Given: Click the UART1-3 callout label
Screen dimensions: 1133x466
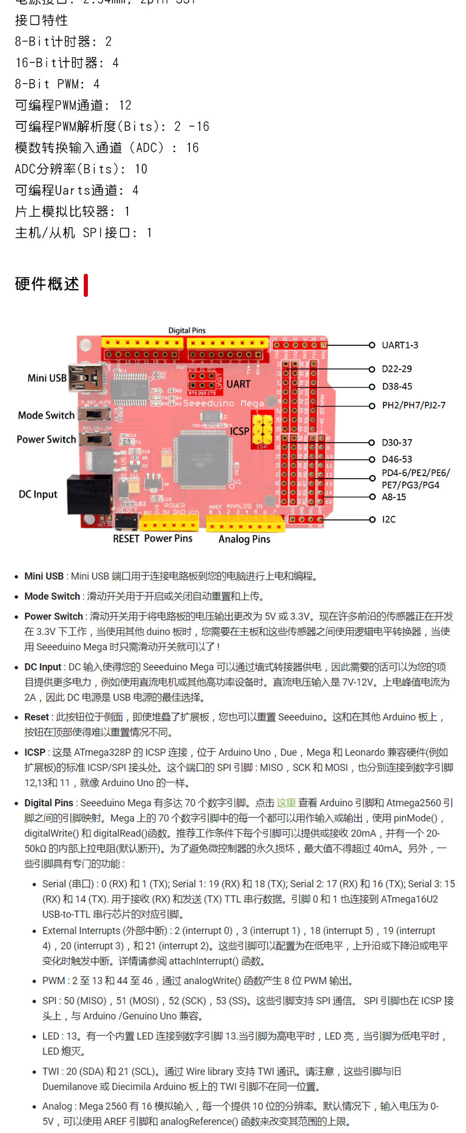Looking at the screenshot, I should (x=399, y=345).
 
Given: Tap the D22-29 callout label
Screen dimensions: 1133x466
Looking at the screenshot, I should (x=396, y=369).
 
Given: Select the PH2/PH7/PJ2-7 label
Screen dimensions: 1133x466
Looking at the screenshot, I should (x=414, y=405).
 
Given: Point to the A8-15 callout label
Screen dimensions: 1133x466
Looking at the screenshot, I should (x=393, y=497).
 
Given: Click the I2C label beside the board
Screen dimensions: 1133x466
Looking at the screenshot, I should (x=389, y=519).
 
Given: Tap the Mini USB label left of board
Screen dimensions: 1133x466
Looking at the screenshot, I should (x=47, y=378).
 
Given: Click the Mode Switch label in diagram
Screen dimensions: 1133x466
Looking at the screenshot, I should (x=46, y=415).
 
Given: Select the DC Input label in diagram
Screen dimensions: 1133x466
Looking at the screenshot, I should (x=38, y=495).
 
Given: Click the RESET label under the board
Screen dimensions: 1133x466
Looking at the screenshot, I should (x=126, y=539).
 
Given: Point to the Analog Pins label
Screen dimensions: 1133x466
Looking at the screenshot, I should (x=244, y=539).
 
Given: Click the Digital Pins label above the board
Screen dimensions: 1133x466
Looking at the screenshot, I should (x=187, y=330).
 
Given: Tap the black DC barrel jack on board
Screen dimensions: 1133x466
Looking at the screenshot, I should (x=90, y=493).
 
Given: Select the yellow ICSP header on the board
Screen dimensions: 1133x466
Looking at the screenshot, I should (x=262, y=428).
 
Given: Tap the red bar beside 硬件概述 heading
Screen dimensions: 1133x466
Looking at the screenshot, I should (x=86, y=284).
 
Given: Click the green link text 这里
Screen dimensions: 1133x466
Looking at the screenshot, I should (x=286, y=803).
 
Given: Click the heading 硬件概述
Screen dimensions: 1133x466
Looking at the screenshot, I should (x=47, y=284).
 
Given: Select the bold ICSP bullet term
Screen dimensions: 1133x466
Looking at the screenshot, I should (x=35, y=752).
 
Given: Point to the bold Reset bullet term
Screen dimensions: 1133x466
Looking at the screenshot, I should (x=37, y=717).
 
